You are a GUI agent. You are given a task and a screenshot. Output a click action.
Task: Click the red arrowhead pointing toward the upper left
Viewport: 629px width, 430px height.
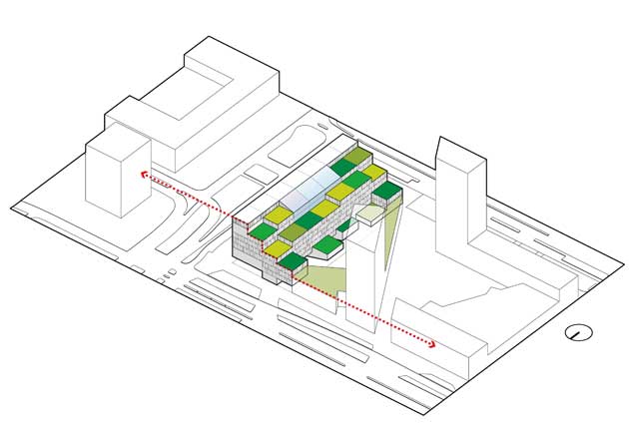(x=145, y=174)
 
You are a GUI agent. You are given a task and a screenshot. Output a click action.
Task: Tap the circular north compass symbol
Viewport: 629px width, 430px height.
(x=576, y=333)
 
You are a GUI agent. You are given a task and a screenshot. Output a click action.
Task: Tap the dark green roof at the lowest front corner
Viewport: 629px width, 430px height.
(x=293, y=263)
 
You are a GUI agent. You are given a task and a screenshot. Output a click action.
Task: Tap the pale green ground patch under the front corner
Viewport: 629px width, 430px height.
(x=324, y=279)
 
